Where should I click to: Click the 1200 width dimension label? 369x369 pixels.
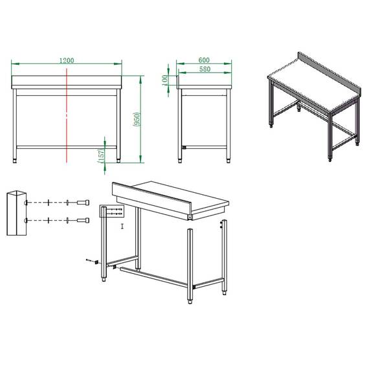click(66, 60)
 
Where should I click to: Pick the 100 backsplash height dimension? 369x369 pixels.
click(166, 79)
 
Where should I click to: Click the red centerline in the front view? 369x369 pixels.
click(67, 117)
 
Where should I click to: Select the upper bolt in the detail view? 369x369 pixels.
click(82, 203)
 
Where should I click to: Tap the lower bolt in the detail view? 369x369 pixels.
click(82, 221)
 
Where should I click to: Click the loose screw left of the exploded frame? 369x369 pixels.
click(89, 260)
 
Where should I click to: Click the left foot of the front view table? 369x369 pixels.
click(17, 157)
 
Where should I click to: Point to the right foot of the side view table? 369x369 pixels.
click(229, 157)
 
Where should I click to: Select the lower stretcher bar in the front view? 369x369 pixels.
click(67, 147)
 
